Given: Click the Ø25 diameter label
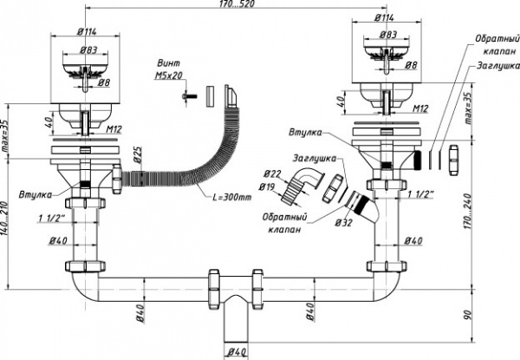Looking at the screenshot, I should pos(136,159).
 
